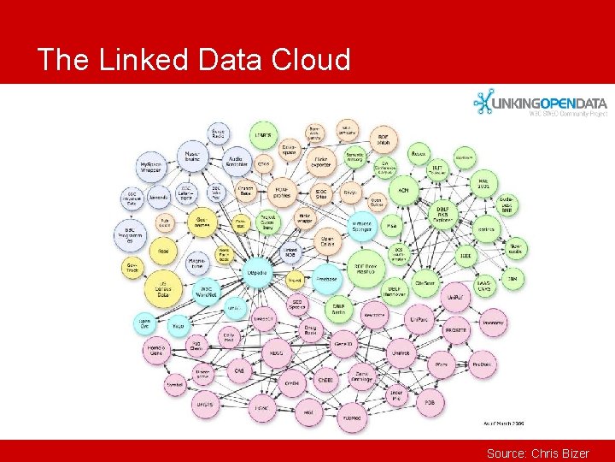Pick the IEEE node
coord(466,255)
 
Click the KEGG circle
coord(276,352)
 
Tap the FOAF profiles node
coord(283,191)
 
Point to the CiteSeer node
coord(425,281)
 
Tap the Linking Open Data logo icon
coord(483,103)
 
